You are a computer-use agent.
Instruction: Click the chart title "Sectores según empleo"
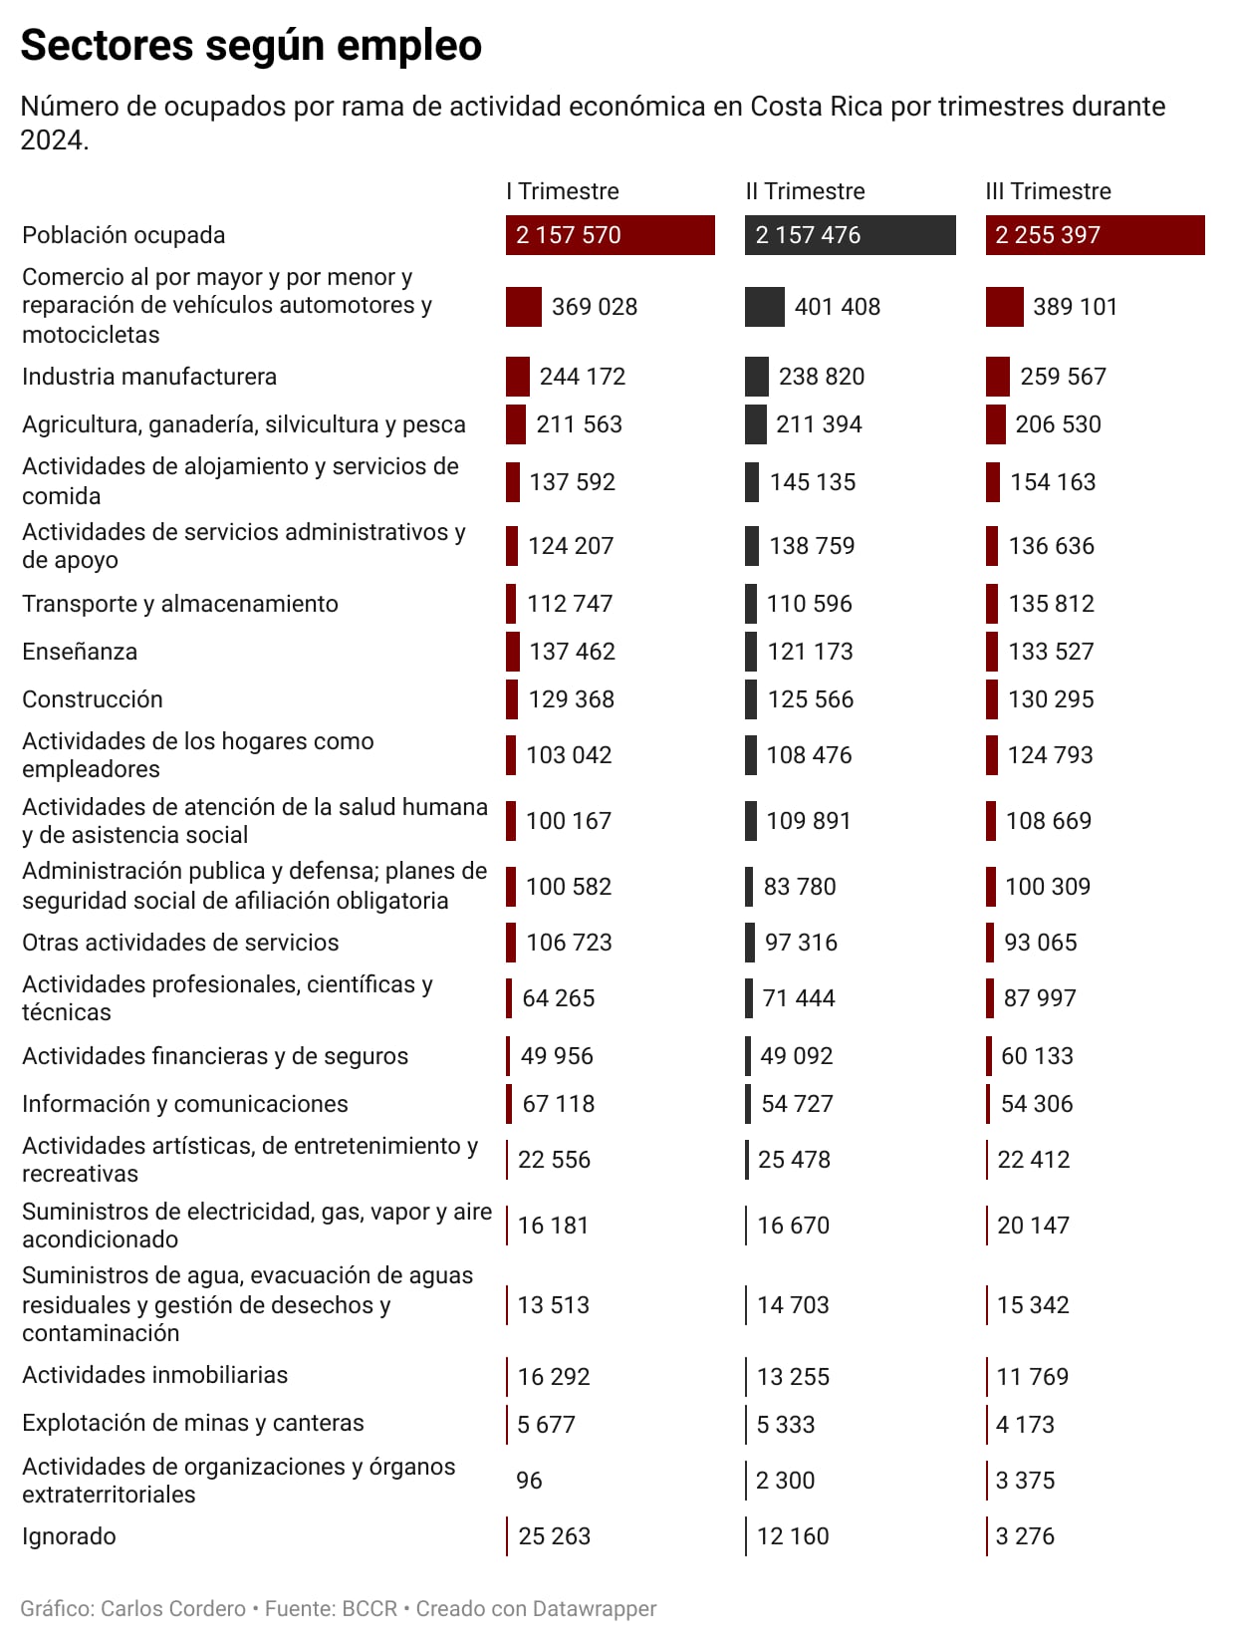[251, 46]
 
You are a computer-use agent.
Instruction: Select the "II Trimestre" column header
[805, 191]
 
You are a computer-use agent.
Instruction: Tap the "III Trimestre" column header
[1048, 191]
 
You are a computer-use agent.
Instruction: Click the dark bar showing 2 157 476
[850, 235]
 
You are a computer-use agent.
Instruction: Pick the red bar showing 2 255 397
[1095, 235]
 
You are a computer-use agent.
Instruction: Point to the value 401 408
[837, 307]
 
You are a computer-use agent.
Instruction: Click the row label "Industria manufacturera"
[149, 377]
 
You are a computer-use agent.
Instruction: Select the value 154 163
[1053, 482]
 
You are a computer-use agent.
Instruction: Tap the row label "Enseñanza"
[80, 652]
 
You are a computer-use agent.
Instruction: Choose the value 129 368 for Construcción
[571, 699]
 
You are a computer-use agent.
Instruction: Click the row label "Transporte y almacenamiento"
[180, 604]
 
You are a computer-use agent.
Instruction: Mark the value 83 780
[800, 887]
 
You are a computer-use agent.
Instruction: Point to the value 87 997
[1040, 998]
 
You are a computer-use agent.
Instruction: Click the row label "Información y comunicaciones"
[185, 1104]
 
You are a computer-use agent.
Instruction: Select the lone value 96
[529, 1481]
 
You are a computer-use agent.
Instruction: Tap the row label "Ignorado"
[69, 1536]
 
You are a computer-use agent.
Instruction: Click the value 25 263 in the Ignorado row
[554, 1536]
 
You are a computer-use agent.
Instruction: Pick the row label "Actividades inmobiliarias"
[154, 1375]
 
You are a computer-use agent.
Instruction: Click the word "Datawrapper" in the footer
[595, 1609]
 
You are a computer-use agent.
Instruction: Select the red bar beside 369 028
[524, 307]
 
